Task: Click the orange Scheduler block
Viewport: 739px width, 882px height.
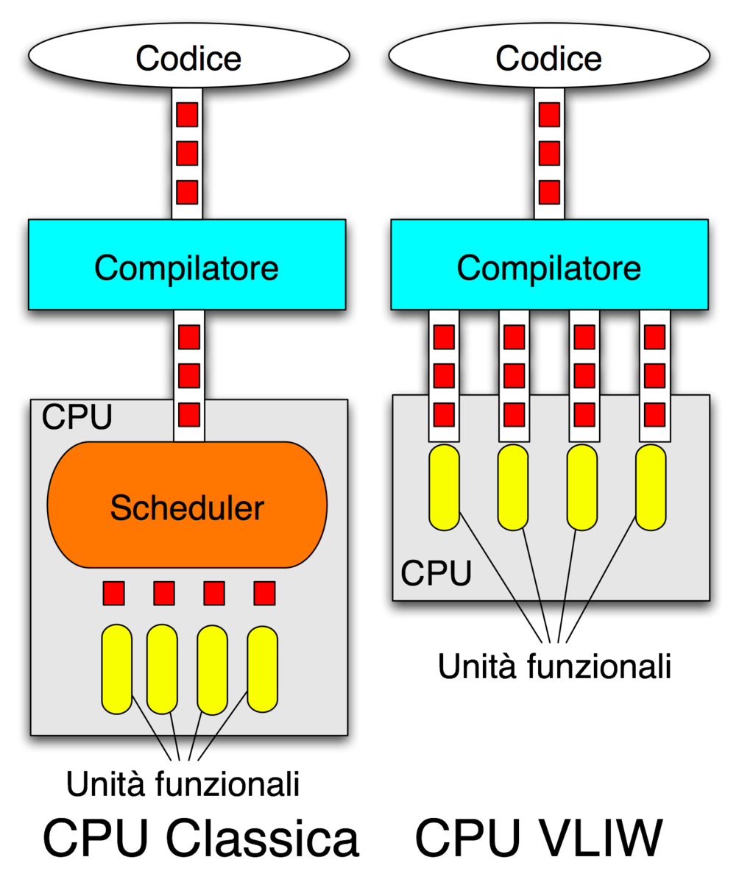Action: click(187, 505)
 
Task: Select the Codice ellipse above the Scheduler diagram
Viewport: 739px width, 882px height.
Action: click(188, 58)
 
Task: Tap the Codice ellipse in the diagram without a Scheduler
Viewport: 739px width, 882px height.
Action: click(548, 58)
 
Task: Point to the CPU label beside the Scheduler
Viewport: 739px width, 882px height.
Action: click(77, 417)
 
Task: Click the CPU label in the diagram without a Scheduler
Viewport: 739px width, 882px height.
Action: click(436, 572)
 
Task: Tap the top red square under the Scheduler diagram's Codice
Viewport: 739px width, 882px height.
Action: click(187, 115)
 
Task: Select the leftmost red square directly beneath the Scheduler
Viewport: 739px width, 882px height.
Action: click(114, 592)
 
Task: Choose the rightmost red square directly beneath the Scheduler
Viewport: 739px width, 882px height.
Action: click(264, 592)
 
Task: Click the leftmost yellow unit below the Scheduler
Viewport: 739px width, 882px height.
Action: click(116, 669)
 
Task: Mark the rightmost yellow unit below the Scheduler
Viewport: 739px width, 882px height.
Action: click(262, 669)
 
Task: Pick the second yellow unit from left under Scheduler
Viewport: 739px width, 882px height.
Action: click(162, 669)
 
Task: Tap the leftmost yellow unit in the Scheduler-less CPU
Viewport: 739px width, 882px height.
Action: click(444, 486)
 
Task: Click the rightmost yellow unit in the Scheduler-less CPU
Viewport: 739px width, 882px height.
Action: click(651, 486)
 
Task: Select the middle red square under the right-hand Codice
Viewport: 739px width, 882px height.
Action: click(549, 153)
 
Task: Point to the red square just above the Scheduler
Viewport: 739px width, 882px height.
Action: click(189, 415)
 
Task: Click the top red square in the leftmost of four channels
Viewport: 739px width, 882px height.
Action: click(444, 338)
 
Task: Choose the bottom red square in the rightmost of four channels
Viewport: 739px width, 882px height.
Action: click(654, 414)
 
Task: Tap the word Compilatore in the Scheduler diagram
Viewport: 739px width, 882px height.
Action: click(187, 268)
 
